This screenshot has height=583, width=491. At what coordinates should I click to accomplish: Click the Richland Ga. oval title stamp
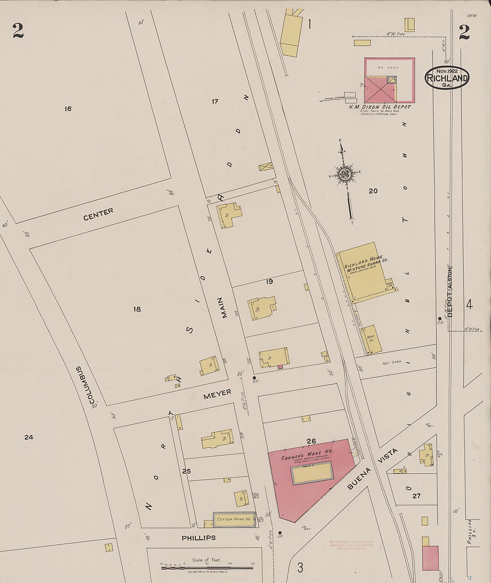point(447,78)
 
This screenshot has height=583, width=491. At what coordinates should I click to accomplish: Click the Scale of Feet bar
point(208,568)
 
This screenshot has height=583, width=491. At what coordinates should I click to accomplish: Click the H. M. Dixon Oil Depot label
point(380,107)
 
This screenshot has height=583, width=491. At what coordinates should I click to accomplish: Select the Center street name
point(98,214)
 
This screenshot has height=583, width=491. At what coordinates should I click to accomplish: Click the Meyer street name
point(217,394)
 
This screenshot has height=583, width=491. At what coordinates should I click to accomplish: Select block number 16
point(68,109)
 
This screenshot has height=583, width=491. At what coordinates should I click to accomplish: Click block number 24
point(29,437)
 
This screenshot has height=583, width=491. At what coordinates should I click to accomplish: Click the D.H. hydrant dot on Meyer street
point(254,378)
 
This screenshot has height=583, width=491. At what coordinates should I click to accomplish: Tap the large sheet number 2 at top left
point(18,31)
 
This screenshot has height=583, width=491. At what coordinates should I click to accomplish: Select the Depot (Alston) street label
point(450,292)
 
